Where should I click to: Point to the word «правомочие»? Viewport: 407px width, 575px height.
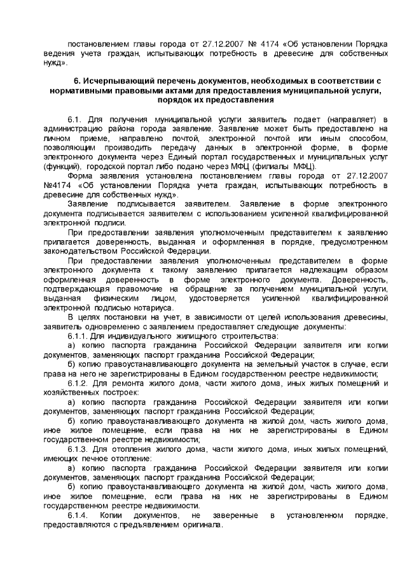coord(128,290)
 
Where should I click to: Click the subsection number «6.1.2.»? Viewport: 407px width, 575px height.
coord(79,383)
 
